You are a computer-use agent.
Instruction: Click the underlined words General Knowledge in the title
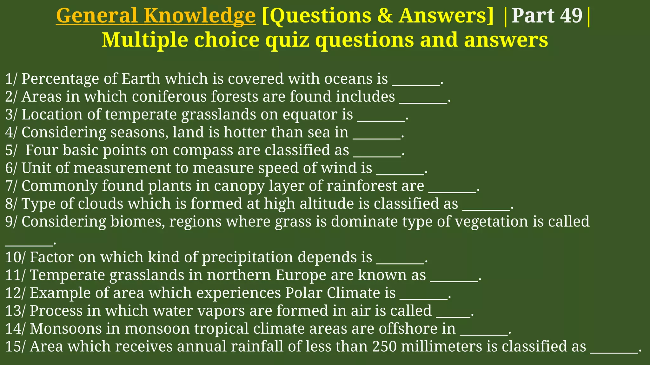[x=156, y=16]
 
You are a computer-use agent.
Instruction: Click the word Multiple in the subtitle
[x=144, y=40]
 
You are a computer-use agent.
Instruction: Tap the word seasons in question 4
[x=139, y=132]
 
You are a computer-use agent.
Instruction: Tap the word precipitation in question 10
[x=248, y=257]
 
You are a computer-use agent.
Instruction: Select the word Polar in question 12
[x=303, y=293]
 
